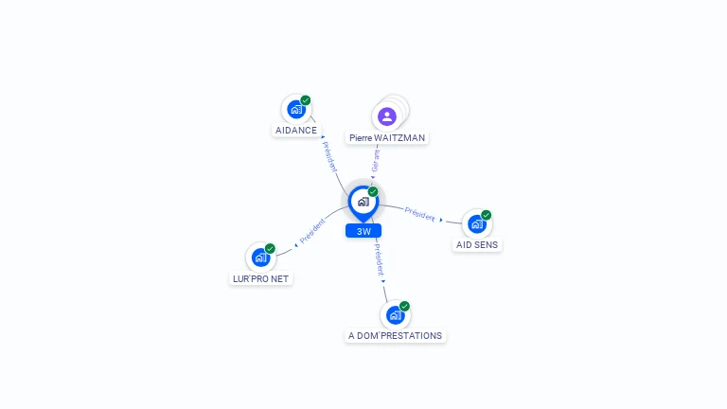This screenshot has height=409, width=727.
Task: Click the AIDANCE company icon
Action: coord(296,110)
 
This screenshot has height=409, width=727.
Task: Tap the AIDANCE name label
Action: coord(296,131)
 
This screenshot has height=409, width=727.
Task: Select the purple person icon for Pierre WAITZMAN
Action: coord(386,116)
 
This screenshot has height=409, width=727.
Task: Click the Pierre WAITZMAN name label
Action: coord(387,137)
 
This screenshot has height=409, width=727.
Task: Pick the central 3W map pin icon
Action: coord(363,204)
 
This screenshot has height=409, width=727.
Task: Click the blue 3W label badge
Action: coord(363,231)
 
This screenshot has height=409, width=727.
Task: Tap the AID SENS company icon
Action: coord(477,224)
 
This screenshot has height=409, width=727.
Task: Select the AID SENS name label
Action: coord(477,245)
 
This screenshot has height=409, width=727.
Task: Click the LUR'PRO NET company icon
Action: coord(260,258)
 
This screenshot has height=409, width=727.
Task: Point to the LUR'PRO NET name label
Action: coord(260,278)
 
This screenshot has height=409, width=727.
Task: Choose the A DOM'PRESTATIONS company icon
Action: coord(395,315)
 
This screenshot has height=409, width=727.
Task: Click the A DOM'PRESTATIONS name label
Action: coord(395,336)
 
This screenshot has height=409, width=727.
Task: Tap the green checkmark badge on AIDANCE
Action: coord(305,100)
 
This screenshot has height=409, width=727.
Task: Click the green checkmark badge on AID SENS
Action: coord(486,215)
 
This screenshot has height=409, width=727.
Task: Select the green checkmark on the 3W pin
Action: coord(373,191)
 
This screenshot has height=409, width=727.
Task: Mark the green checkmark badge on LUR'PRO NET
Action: coord(270,249)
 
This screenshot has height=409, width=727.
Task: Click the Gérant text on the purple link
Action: coord(375,160)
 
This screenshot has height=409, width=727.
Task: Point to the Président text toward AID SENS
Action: coord(419,214)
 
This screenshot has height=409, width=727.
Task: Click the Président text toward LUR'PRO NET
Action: coord(312,231)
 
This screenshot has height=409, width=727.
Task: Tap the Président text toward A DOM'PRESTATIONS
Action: coord(380,260)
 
